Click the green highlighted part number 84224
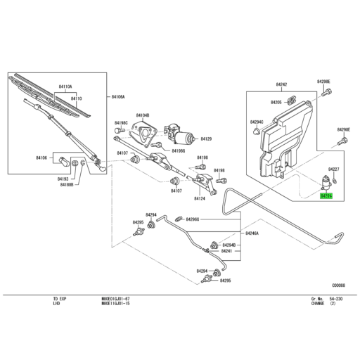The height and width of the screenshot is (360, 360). [x=326, y=197]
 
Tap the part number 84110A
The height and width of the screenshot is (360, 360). [x=65, y=86]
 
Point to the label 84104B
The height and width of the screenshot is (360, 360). [x=143, y=115]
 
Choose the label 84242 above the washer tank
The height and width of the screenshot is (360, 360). [x=281, y=84]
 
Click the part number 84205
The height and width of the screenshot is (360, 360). [x=276, y=103]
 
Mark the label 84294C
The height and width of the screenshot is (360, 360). [x=257, y=122]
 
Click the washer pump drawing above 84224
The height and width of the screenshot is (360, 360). [x=326, y=181]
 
